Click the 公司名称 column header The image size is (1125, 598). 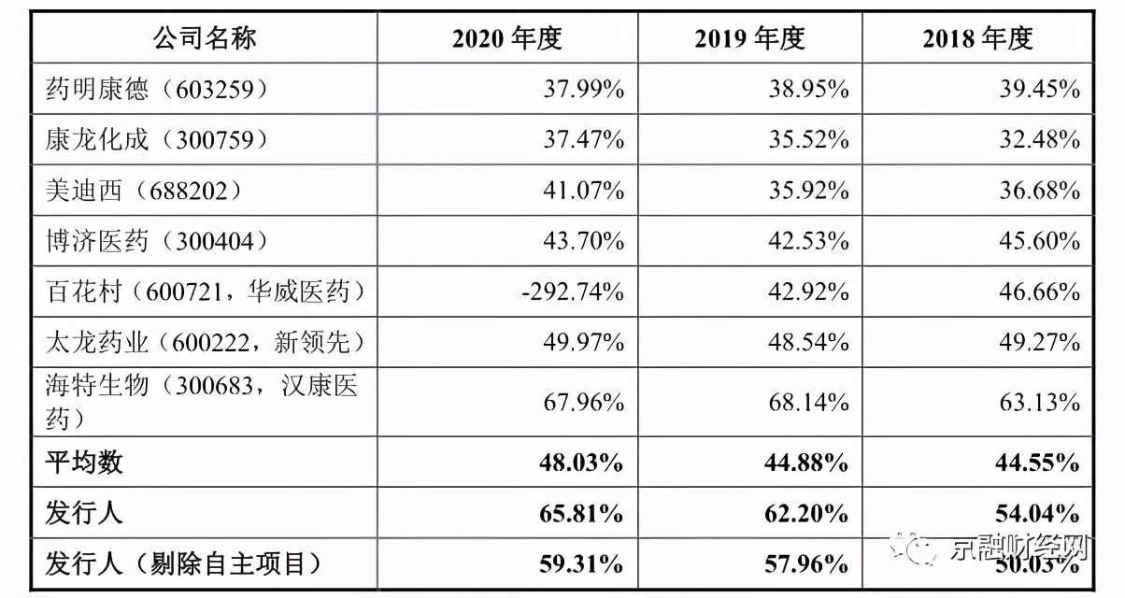[205, 38]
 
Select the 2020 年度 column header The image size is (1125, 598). [507, 38]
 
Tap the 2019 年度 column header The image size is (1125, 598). [749, 38]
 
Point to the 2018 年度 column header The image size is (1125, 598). [978, 38]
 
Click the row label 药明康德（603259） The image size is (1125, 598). [157, 89]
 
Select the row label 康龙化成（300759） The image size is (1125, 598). [157, 139]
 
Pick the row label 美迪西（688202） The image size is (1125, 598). [144, 190]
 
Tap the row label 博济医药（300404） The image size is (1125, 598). [157, 240]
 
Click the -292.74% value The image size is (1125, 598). [572, 292]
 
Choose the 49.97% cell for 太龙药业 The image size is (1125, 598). [584, 342]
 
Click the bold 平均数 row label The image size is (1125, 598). [84, 462]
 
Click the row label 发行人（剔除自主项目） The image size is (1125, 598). [183, 563]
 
